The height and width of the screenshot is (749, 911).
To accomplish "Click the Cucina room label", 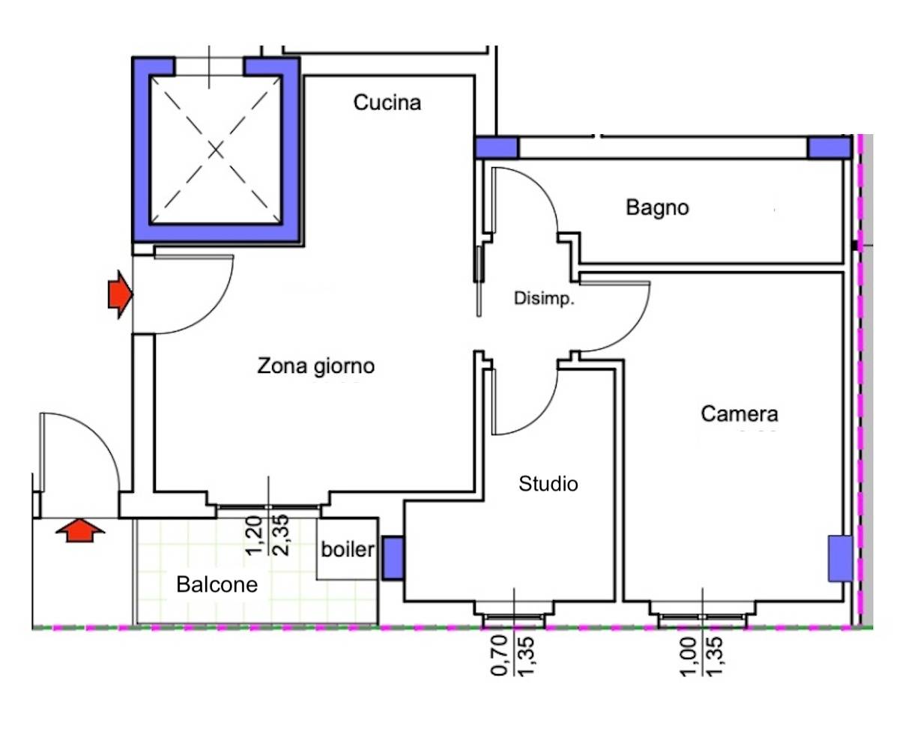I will point(387,103).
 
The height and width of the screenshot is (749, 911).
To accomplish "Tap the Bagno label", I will point(657,207).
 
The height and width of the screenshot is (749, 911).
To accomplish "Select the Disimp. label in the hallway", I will point(544,298).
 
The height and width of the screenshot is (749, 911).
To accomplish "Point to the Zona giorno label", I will point(315,366).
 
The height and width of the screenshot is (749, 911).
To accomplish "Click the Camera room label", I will point(739,413).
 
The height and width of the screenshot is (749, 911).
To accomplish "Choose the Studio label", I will point(548,484).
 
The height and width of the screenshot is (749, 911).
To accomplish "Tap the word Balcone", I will point(217,584).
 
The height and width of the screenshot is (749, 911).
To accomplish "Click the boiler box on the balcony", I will point(347,549).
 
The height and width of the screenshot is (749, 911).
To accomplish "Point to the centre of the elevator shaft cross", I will point(217,151).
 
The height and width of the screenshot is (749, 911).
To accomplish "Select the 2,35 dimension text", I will point(282,535).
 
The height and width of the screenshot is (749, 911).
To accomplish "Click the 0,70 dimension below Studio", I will point(500,655).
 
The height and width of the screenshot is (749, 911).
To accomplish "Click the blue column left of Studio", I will point(393,558).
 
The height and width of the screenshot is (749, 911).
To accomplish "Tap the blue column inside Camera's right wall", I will point(840,558).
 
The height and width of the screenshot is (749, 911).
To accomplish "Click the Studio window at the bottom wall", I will point(513,619).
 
